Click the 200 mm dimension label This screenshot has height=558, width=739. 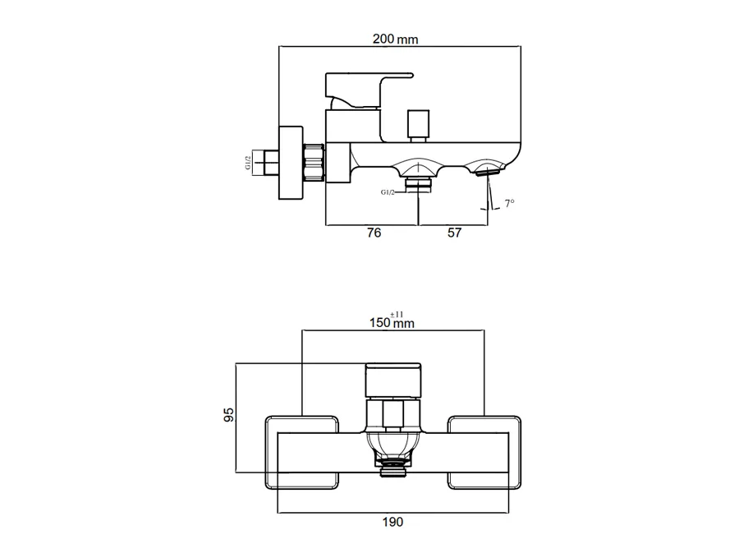point(395,39)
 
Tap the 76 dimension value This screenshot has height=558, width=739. point(374,233)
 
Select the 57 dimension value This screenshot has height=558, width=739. point(454,233)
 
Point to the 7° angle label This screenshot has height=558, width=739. point(509,203)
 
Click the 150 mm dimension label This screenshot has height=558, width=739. point(392,323)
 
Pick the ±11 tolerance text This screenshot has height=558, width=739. point(397,314)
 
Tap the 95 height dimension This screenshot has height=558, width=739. point(228,415)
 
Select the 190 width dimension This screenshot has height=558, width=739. point(392,522)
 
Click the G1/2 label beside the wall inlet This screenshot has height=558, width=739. point(248,164)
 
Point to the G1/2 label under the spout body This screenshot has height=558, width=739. point(388,192)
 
